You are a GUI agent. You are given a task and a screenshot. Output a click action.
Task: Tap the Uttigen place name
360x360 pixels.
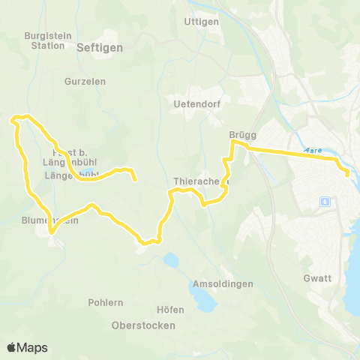[x=201, y=22]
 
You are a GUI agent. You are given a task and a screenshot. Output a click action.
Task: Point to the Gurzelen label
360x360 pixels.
[x=85, y=81]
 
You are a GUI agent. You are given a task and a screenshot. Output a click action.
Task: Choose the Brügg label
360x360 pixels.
[x=243, y=135]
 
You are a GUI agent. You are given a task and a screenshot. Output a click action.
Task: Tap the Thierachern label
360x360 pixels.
[x=196, y=181]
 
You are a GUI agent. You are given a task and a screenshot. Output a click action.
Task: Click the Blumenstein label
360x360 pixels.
[x=50, y=220]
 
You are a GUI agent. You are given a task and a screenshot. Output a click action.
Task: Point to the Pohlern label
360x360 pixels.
[x=105, y=302]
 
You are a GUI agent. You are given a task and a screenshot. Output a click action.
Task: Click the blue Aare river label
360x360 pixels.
[x=315, y=150]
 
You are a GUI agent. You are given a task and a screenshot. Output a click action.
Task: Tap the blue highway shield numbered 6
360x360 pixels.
[x=325, y=202]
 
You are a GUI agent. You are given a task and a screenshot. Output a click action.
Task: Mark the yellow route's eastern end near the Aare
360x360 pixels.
[x=347, y=174]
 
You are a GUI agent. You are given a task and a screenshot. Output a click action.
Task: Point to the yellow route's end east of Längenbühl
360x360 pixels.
[x=135, y=180]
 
